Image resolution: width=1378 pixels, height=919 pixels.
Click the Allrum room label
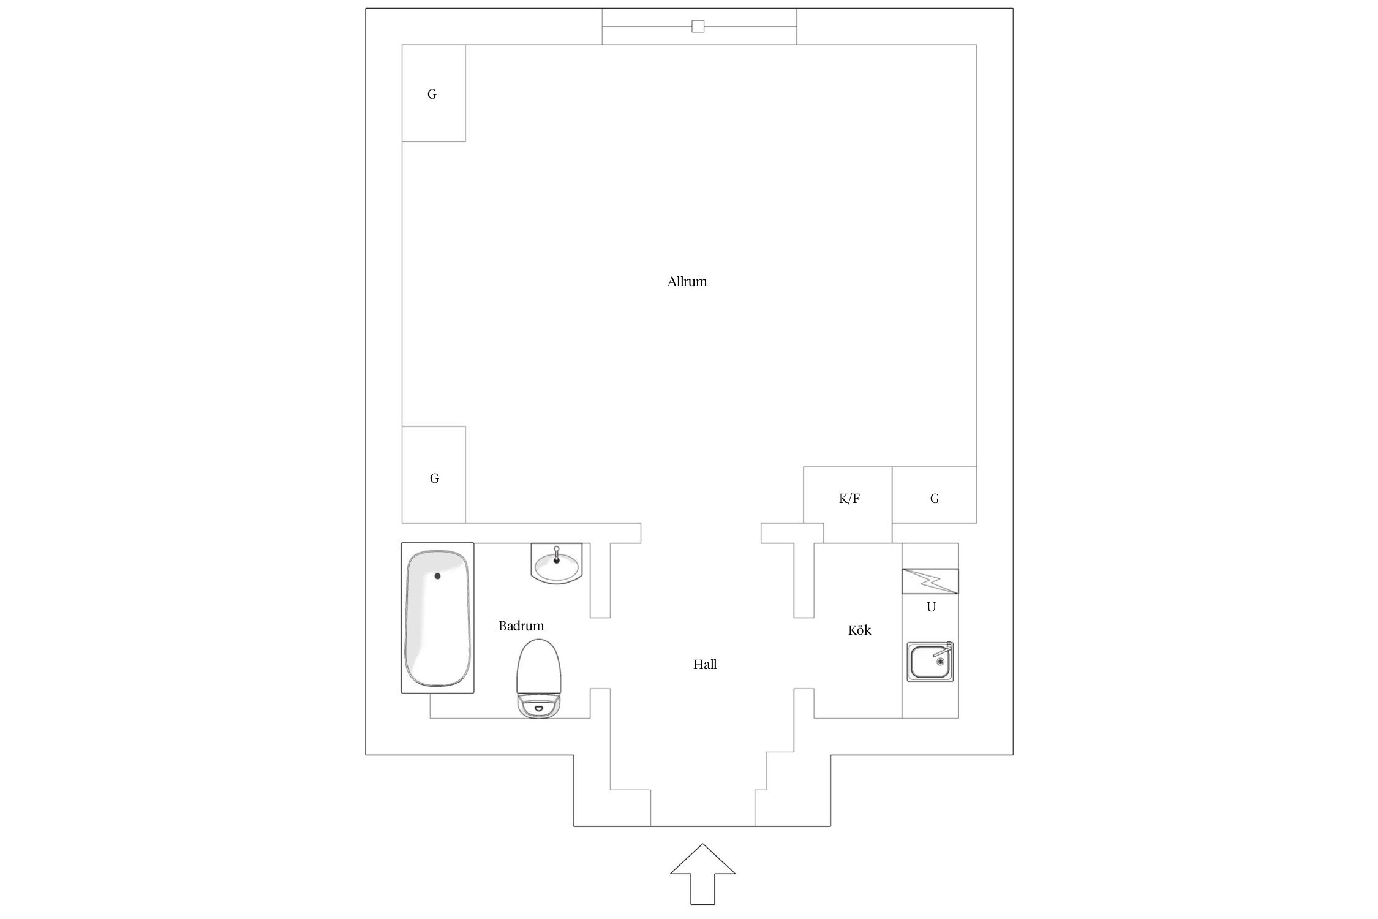(x=687, y=282)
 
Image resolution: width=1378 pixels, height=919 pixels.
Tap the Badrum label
(x=521, y=626)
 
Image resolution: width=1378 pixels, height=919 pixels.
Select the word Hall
(x=704, y=664)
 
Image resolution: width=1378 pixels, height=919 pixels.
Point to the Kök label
(x=859, y=630)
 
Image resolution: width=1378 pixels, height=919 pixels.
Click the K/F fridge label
(x=849, y=499)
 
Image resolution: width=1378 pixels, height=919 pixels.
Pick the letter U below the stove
(x=931, y=607)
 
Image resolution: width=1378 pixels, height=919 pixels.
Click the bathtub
(x=437, y=618)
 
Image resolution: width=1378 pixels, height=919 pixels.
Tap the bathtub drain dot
(x=437, y=576)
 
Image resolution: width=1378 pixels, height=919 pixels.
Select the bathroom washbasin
(x=556, y=563)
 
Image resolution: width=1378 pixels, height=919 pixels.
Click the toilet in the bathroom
(x=539, y=678)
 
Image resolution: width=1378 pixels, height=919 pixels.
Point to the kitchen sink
(x=930, y=662)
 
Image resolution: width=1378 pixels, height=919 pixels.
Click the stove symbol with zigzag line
(x=930, y=581)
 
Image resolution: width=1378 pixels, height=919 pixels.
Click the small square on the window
(x=698, y=26)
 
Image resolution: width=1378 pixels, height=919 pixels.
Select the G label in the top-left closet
(x=432, y=94)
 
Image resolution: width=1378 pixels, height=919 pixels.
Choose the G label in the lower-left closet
(x=434, y=478)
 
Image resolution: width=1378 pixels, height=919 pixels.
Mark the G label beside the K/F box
(x=935, y=499)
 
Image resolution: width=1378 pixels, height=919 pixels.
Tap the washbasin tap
(x=556, y=554)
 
